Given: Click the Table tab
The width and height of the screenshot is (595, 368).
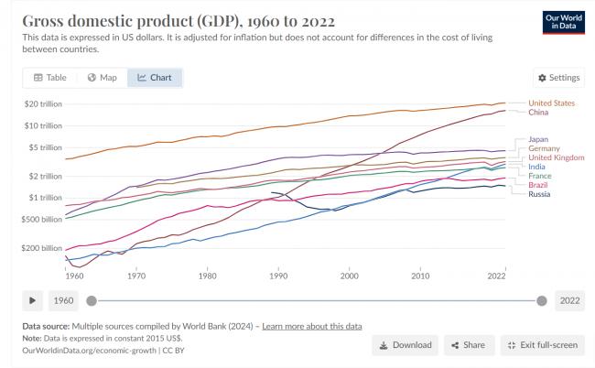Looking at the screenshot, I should click(50, 78).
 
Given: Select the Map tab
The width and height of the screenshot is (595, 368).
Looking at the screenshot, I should click(102, 78).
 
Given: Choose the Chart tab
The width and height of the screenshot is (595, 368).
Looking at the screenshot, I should click(155, 78).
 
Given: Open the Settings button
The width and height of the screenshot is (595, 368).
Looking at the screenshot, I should click(558, 78).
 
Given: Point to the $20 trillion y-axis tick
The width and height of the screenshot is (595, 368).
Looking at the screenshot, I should click(42, 103).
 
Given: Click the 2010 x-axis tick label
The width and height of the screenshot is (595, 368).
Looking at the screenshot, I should click(420, 275).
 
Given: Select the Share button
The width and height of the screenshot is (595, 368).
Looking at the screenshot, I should click(467, 345).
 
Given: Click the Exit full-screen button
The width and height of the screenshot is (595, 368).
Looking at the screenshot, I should click(541, 345).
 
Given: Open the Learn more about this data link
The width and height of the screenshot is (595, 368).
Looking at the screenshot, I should click(312, 326).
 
